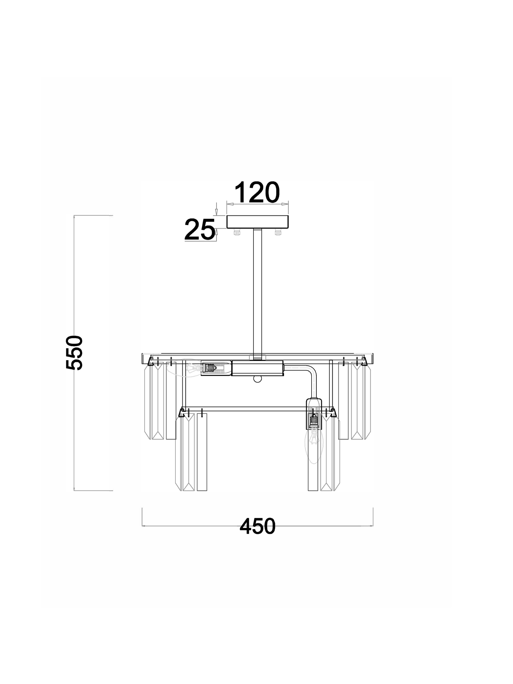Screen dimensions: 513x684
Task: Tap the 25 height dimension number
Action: click(200, 229)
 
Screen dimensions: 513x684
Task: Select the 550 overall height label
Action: click(74, 353)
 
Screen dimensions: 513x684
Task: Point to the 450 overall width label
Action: click(258, 526)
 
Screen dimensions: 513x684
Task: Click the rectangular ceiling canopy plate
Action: click(258, 222)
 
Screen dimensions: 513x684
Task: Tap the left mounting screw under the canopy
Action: click(237, 233)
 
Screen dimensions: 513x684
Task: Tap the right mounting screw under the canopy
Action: click(278, 233)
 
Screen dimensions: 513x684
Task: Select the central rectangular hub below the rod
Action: click(258, 368)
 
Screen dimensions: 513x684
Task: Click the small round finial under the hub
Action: click(258, 379)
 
